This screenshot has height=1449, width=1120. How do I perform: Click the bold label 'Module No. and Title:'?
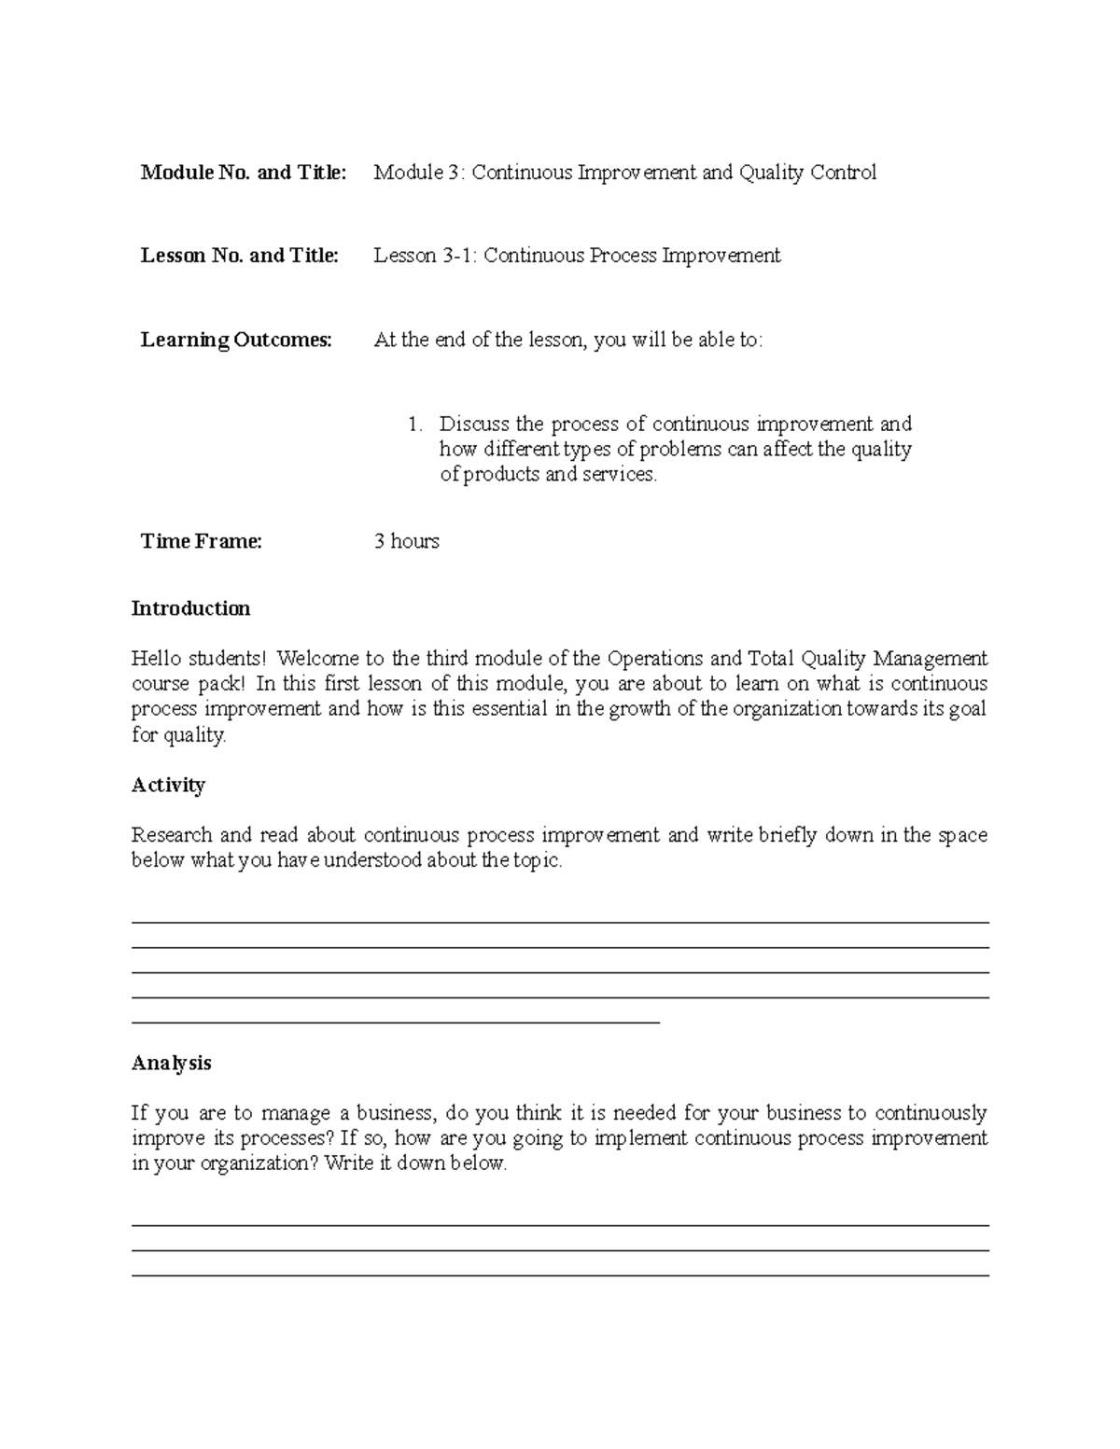243,173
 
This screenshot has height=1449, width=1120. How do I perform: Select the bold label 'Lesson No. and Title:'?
239,256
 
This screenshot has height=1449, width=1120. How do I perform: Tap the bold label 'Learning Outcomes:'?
236,340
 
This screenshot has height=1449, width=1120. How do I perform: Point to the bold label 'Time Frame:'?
201,541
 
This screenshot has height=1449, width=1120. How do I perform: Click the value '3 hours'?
406,541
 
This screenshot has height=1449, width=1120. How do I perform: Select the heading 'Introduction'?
190,608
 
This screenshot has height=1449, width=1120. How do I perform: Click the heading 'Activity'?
168,785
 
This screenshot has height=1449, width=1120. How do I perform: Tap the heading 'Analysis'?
171,1063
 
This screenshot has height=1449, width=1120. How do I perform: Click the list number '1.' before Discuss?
415,425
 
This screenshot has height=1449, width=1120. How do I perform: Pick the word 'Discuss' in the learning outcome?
474,425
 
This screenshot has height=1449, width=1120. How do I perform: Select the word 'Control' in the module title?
843,173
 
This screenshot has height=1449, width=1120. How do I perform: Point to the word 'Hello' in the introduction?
156,659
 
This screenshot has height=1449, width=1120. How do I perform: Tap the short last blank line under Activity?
396,1024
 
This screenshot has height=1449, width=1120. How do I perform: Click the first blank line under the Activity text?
560,923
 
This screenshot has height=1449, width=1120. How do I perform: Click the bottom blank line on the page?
560,1275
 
